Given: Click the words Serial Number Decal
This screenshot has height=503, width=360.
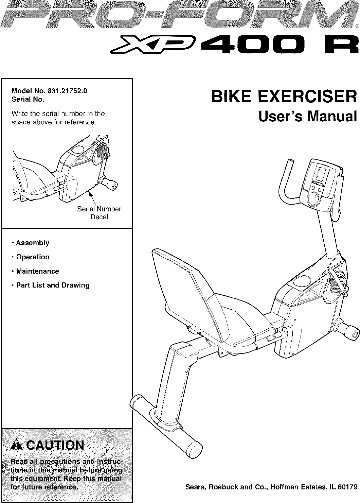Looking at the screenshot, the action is [x=99, y=213].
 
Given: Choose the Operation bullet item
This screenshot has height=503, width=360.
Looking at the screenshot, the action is [x=33, y=257].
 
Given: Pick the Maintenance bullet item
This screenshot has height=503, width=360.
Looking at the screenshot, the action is [x=37, y=272].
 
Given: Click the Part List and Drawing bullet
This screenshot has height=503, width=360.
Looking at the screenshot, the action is [x=53, y=285].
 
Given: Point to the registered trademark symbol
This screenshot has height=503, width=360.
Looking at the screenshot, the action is [x=357, y=26].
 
